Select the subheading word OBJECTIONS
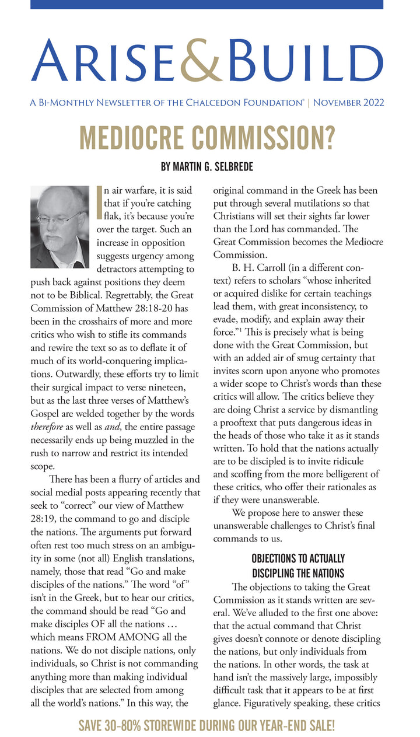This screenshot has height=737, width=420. pyautogui.click(x=273, y=558)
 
